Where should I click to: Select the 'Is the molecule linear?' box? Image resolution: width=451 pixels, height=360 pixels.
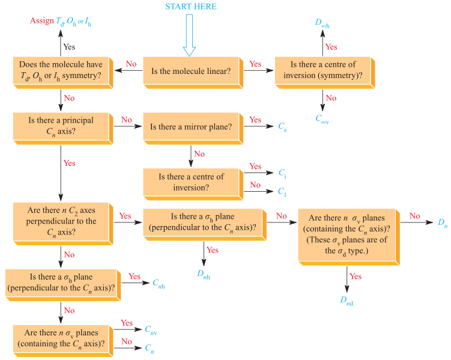(190, 71)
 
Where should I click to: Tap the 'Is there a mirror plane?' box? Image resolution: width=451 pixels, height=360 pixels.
(190, 127)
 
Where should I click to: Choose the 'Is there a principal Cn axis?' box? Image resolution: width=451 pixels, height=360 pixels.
(61, 126)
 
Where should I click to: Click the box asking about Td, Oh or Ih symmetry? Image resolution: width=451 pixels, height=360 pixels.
(61, 70)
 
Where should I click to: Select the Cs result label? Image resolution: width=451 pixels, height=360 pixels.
(282, 127)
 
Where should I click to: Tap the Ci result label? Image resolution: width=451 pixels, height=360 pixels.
(282, 172)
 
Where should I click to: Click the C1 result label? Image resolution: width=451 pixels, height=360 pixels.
(282, 192)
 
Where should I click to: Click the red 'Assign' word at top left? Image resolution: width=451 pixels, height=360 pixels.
(41, 22)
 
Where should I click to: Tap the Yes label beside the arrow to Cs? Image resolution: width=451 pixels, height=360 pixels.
(255, 120)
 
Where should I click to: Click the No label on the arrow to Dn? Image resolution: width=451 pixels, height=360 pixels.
(414, 215)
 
